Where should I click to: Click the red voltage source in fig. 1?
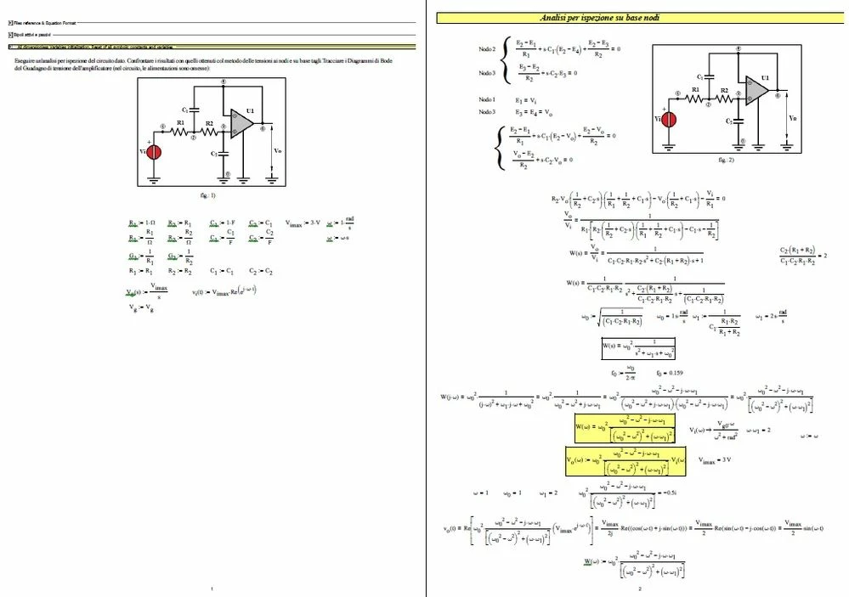click(155, 153)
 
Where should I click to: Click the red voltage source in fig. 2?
click(669, 120)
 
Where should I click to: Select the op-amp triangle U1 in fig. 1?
click(241, 124)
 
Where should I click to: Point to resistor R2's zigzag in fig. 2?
click(724, 99)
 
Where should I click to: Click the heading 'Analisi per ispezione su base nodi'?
click(602, 18)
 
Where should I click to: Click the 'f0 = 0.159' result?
click(670, 373)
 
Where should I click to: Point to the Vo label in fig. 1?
click(277, 150)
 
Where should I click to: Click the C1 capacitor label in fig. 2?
click(699, 77)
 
